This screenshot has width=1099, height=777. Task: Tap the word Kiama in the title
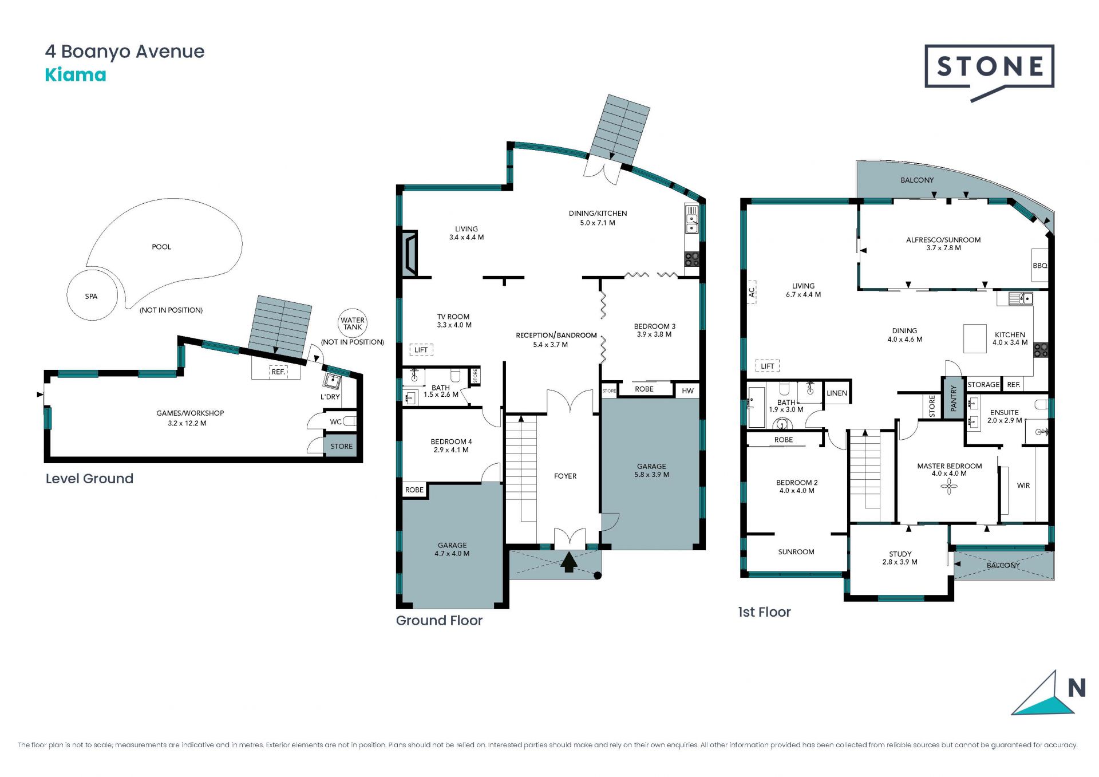coord(76,75)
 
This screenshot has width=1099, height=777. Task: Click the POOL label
coord(161,247)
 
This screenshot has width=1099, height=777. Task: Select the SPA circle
coord(92,296)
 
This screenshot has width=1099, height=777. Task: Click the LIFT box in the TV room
coord(421,350)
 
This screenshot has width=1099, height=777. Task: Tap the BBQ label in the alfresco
coord(1040,266)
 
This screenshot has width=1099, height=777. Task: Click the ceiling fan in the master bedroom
coord(949,486)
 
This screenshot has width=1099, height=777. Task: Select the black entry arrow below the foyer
coord(568,562)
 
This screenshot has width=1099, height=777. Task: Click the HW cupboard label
coord(687,391)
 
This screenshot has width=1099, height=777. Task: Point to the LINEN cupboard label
coord(837,393)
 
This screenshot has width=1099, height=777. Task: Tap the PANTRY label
coord(954,398)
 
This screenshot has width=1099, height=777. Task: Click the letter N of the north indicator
coord(1077,688)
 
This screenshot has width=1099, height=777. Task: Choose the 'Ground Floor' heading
coord(439,620)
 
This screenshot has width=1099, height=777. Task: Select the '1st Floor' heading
coord(764,612)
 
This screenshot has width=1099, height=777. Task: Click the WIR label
coord(1023,486)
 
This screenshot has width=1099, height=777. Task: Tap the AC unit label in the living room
coord(752,292)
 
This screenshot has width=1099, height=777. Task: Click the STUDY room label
coord(900,554)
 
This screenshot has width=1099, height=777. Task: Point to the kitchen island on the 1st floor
coord(975,338)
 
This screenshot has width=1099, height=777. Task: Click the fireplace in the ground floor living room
coord(410,254)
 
